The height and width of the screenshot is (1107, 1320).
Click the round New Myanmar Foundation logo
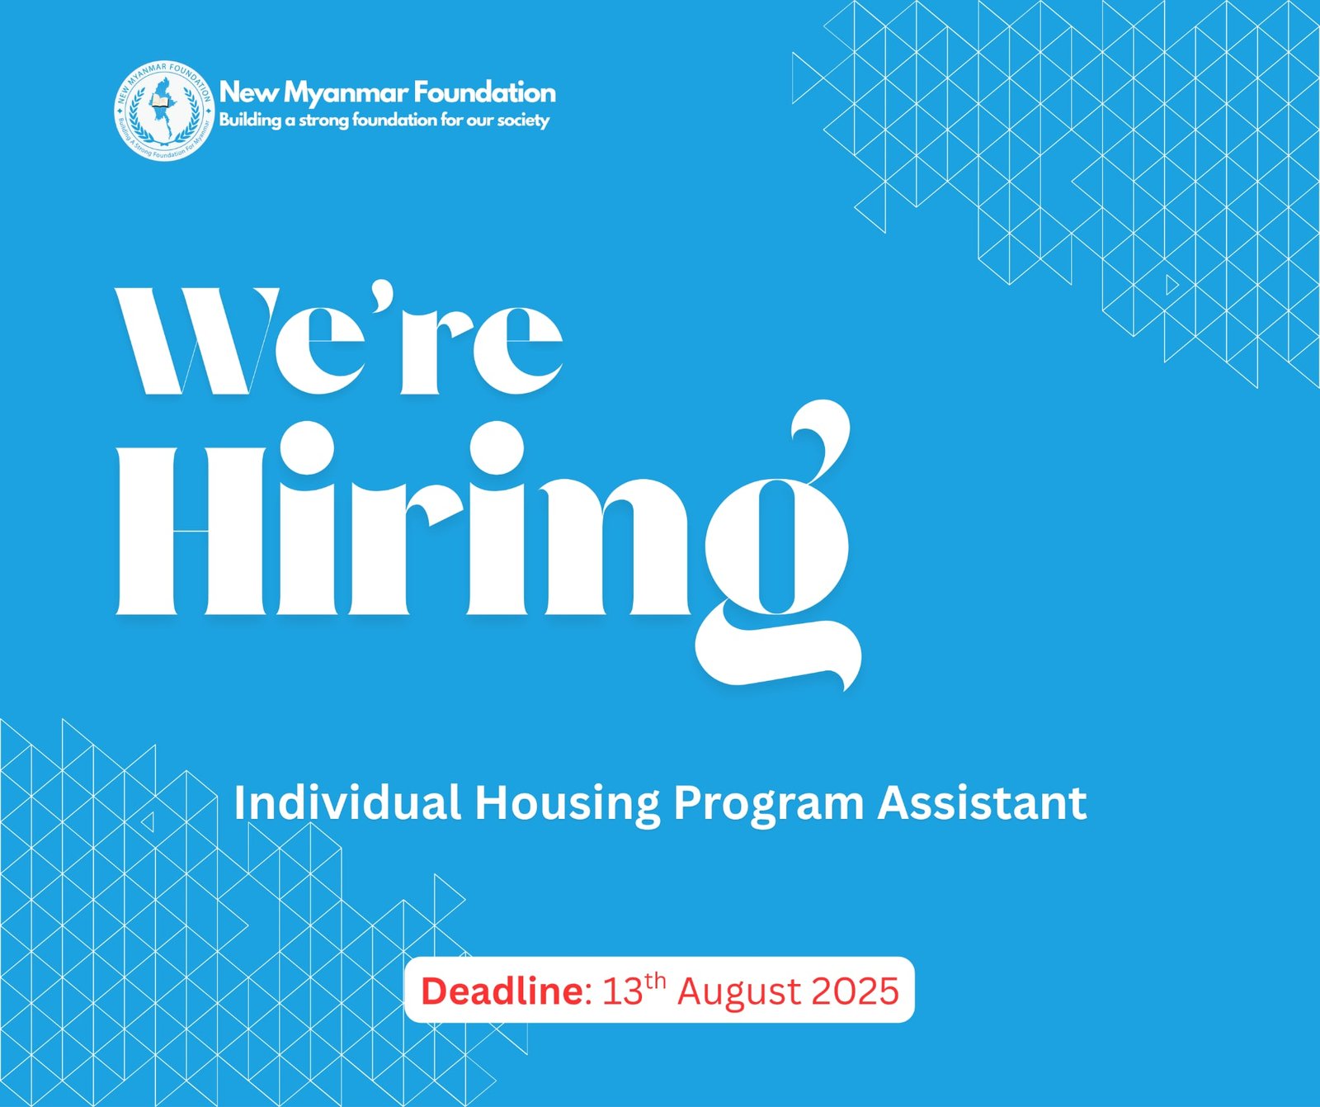(164, 111)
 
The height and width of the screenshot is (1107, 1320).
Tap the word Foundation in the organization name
(484, 92)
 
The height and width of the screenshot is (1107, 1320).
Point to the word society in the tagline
(523, 121)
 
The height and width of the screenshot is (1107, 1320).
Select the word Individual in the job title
(347, 802)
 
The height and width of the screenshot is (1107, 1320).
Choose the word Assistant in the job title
(983, 802)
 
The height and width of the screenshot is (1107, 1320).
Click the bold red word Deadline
(502, 991)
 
